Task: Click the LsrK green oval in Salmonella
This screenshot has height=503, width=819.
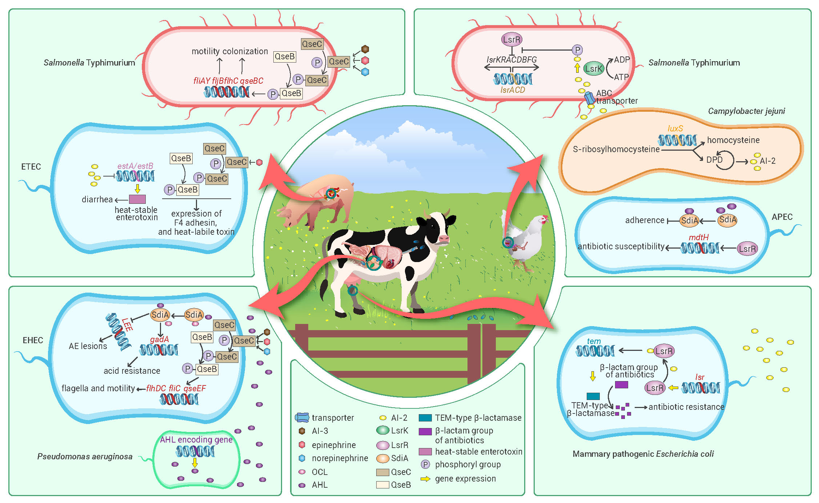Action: pyautogui.click(x=593, y=68)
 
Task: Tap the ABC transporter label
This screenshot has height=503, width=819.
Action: pyautogui.click(x=616, y=97)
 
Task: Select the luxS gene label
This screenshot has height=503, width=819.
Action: pyautogui.click(x=675, y=128)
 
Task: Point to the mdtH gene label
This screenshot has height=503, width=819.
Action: pyautogui.click(x=698, y=237)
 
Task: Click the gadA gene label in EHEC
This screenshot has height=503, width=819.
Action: pyautogui.click(x=159, y=339)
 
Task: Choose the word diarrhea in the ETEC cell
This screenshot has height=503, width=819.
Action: pyautogui.click(x=97, y=199)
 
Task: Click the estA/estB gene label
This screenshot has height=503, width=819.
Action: pyautogui.click(x=135, y=166)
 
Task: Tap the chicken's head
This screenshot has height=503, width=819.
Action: pyautogui.click(x=542, y=220)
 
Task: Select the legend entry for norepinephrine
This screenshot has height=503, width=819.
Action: pyautogui.click(x=340, y=458)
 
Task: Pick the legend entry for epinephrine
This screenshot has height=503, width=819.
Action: pyautogui.click(x=333, y=445)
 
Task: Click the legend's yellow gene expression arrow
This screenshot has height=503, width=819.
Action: pyautogui.click(x=425, y=479)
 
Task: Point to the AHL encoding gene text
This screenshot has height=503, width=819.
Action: pyautogui.click(x=196, y=440)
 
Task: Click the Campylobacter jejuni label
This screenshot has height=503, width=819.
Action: pyautogui.click(x=746, y=111)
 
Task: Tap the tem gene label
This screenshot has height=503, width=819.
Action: pyautogui.click(x=594, y=341)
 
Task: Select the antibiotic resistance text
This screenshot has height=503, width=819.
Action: pyautogui.click(x=686, y=407)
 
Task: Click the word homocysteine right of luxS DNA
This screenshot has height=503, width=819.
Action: pyautogui.click(x=733, y=140)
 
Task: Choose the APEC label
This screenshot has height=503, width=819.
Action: pyautogui.click(x=782, y=217)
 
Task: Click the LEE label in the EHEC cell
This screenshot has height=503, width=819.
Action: pyautogui.click(x=127, y=324)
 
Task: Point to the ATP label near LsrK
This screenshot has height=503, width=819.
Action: pyautogui.click(x=621, y=77)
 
